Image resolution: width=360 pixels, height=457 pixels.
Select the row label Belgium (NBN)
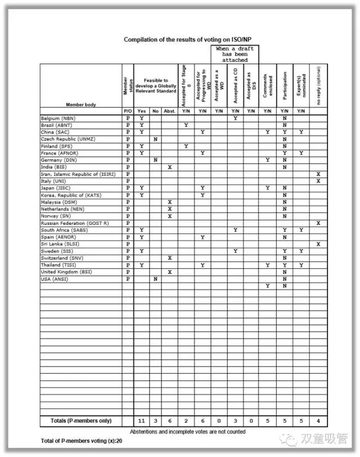point(58,119)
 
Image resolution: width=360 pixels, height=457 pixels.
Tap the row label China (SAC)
point(55,132)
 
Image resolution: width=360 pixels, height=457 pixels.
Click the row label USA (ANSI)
point(54,279)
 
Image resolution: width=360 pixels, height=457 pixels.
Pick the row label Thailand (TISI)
point(58,265)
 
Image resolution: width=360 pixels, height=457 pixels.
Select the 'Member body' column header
point(80,105)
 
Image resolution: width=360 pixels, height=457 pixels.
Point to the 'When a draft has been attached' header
point(235,55)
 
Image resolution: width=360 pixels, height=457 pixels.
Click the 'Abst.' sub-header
point(169,111)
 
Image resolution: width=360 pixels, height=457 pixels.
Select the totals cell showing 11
point(142,421)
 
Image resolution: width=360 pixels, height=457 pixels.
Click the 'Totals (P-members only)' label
point(80,421)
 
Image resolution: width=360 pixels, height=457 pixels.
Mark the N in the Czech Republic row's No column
point(155,139)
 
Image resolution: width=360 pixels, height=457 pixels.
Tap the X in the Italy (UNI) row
point(318,181)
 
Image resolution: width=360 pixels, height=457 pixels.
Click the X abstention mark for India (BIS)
point(169,167)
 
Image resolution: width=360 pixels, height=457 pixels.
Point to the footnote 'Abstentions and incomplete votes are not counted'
point(188,431)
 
